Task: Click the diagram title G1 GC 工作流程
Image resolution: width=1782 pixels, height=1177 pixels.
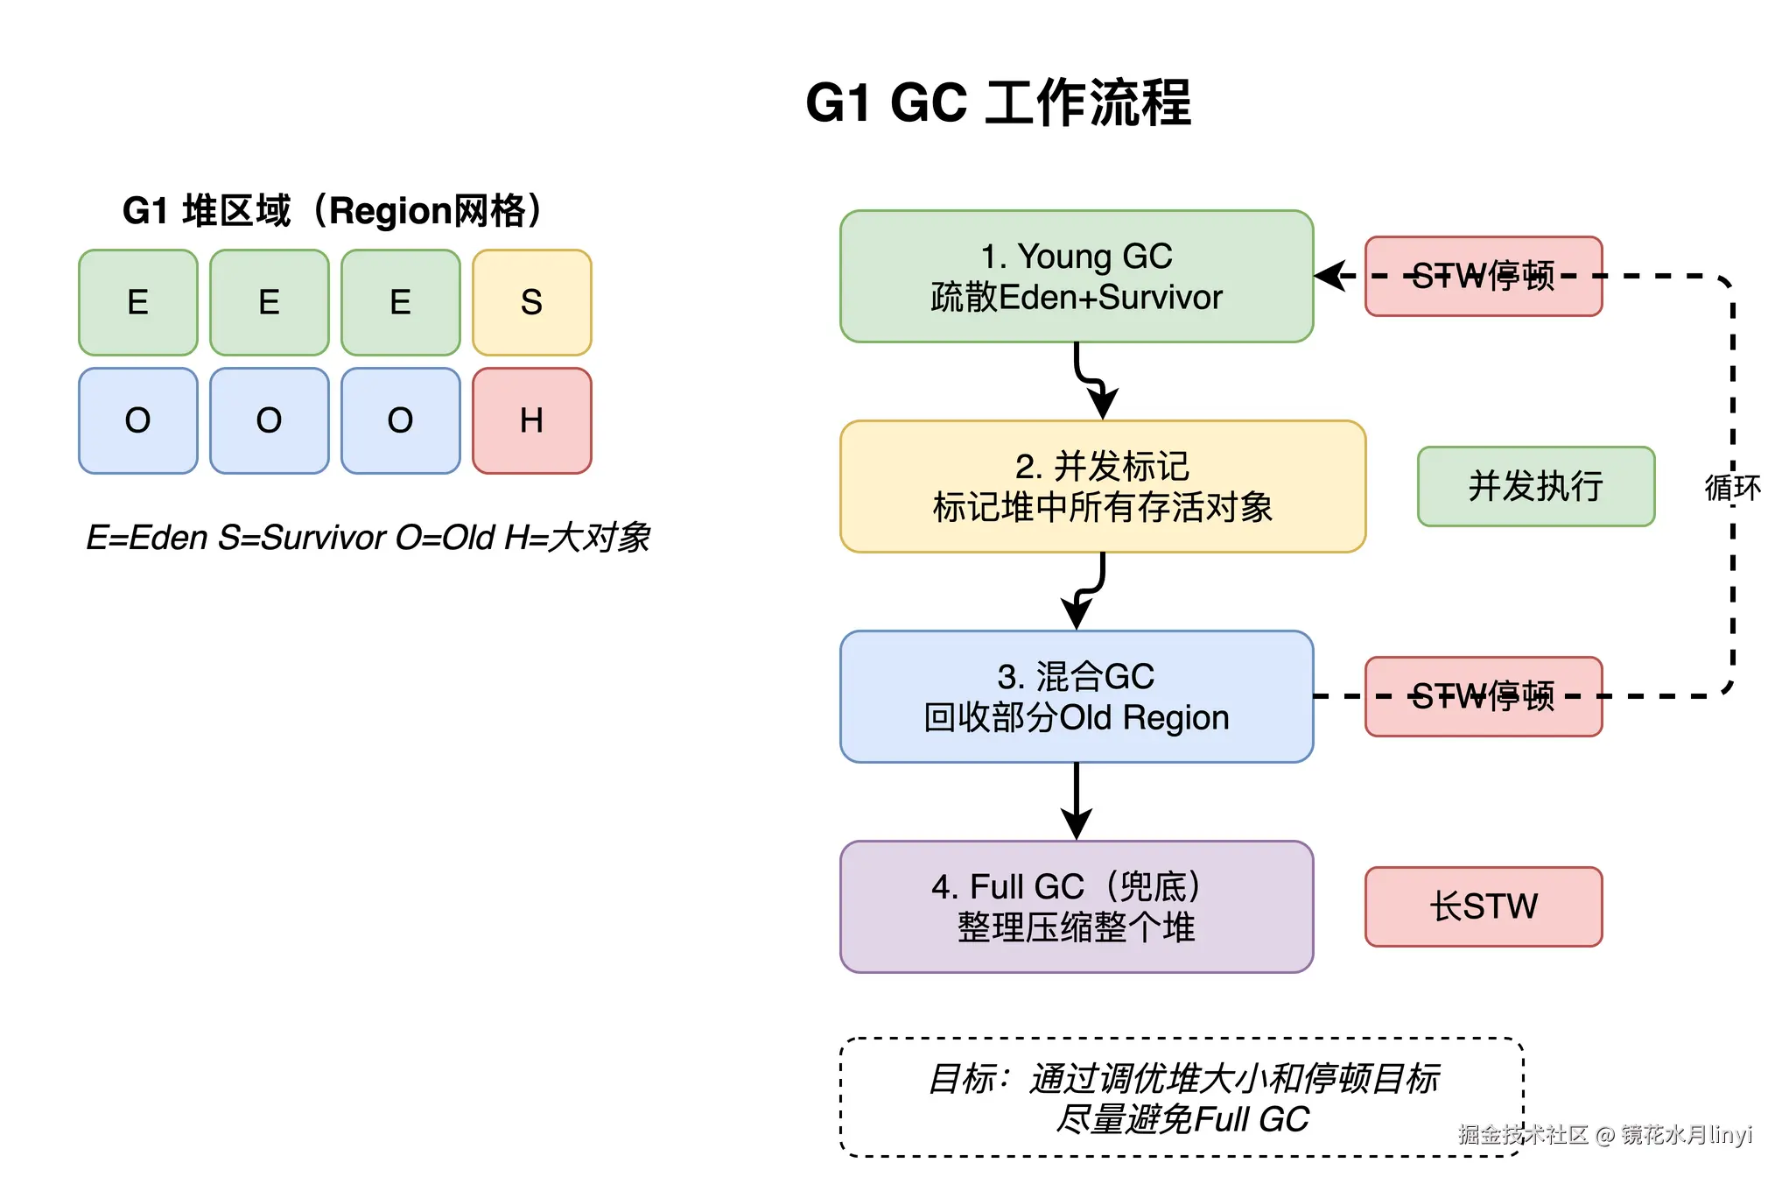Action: (998, 103)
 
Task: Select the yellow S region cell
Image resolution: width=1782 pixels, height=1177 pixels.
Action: (531, 302)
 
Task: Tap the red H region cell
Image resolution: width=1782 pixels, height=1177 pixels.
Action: (531, 420)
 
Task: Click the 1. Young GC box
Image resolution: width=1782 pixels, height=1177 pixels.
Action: (1076, 276)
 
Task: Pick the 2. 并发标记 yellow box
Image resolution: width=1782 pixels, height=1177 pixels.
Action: (1102, 486)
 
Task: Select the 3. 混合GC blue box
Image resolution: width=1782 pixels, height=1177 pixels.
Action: (1076, 696)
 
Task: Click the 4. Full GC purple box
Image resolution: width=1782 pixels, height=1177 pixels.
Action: (1076, 906)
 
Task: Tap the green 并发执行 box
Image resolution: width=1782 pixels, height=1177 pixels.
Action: (1535, 486)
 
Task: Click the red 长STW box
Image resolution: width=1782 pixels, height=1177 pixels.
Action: (1483, 906)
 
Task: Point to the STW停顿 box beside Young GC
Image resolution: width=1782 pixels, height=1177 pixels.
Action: (1483, 276)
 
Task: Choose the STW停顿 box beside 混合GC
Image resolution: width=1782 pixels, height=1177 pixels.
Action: (1483, 696)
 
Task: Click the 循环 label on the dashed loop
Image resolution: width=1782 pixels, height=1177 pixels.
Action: (1731, 487)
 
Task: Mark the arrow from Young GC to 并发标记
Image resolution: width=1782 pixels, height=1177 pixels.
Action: (1090, 382)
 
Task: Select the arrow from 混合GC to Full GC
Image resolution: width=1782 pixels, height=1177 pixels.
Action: (1076, 801)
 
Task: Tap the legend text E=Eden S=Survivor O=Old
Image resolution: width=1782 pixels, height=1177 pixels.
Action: (368, 537)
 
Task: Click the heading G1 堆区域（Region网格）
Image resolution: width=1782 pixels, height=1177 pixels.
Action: (333, 211)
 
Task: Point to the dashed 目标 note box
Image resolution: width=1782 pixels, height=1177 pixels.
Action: (1181, 1097)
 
